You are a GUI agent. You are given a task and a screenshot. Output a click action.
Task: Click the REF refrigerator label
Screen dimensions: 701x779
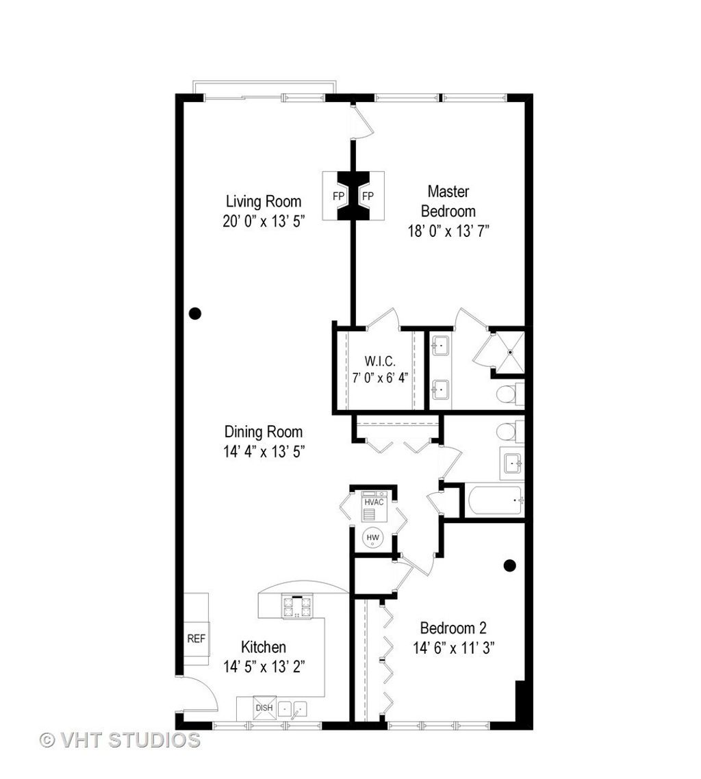(196, 639)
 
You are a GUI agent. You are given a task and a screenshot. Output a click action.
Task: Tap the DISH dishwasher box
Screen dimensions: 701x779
(264, 707)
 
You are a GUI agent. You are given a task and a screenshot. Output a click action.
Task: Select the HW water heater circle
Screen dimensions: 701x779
(372, 537)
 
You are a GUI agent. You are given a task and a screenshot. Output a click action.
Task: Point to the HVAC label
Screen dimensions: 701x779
(374, 502)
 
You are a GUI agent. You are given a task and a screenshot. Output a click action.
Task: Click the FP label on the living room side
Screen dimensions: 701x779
(338, 196)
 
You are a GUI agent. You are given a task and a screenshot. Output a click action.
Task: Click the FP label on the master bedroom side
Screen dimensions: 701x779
(368, 196)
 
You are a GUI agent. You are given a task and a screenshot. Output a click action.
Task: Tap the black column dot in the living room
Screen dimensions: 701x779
(195, 314)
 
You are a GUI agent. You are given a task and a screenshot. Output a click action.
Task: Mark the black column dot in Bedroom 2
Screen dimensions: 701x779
(510, 565)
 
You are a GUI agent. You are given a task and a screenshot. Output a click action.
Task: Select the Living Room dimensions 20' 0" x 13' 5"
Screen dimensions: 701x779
(264, 221)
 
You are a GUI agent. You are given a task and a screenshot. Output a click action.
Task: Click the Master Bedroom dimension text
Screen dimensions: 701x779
(448, 231)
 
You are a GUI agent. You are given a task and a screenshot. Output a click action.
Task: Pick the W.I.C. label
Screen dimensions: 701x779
(380, 361)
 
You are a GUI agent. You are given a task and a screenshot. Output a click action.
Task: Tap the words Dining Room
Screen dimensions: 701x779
(264, 432)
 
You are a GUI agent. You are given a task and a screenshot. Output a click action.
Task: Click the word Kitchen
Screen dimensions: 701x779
(264, 647)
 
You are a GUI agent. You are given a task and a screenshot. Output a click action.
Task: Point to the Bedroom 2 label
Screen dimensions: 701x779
(453, 628)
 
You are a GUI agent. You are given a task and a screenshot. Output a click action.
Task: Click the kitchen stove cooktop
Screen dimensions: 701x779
(298, 606)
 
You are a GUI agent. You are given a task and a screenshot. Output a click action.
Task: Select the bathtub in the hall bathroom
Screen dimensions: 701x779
(496, 500)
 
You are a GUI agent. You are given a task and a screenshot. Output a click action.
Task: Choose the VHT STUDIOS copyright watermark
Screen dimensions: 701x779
(120, 740)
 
